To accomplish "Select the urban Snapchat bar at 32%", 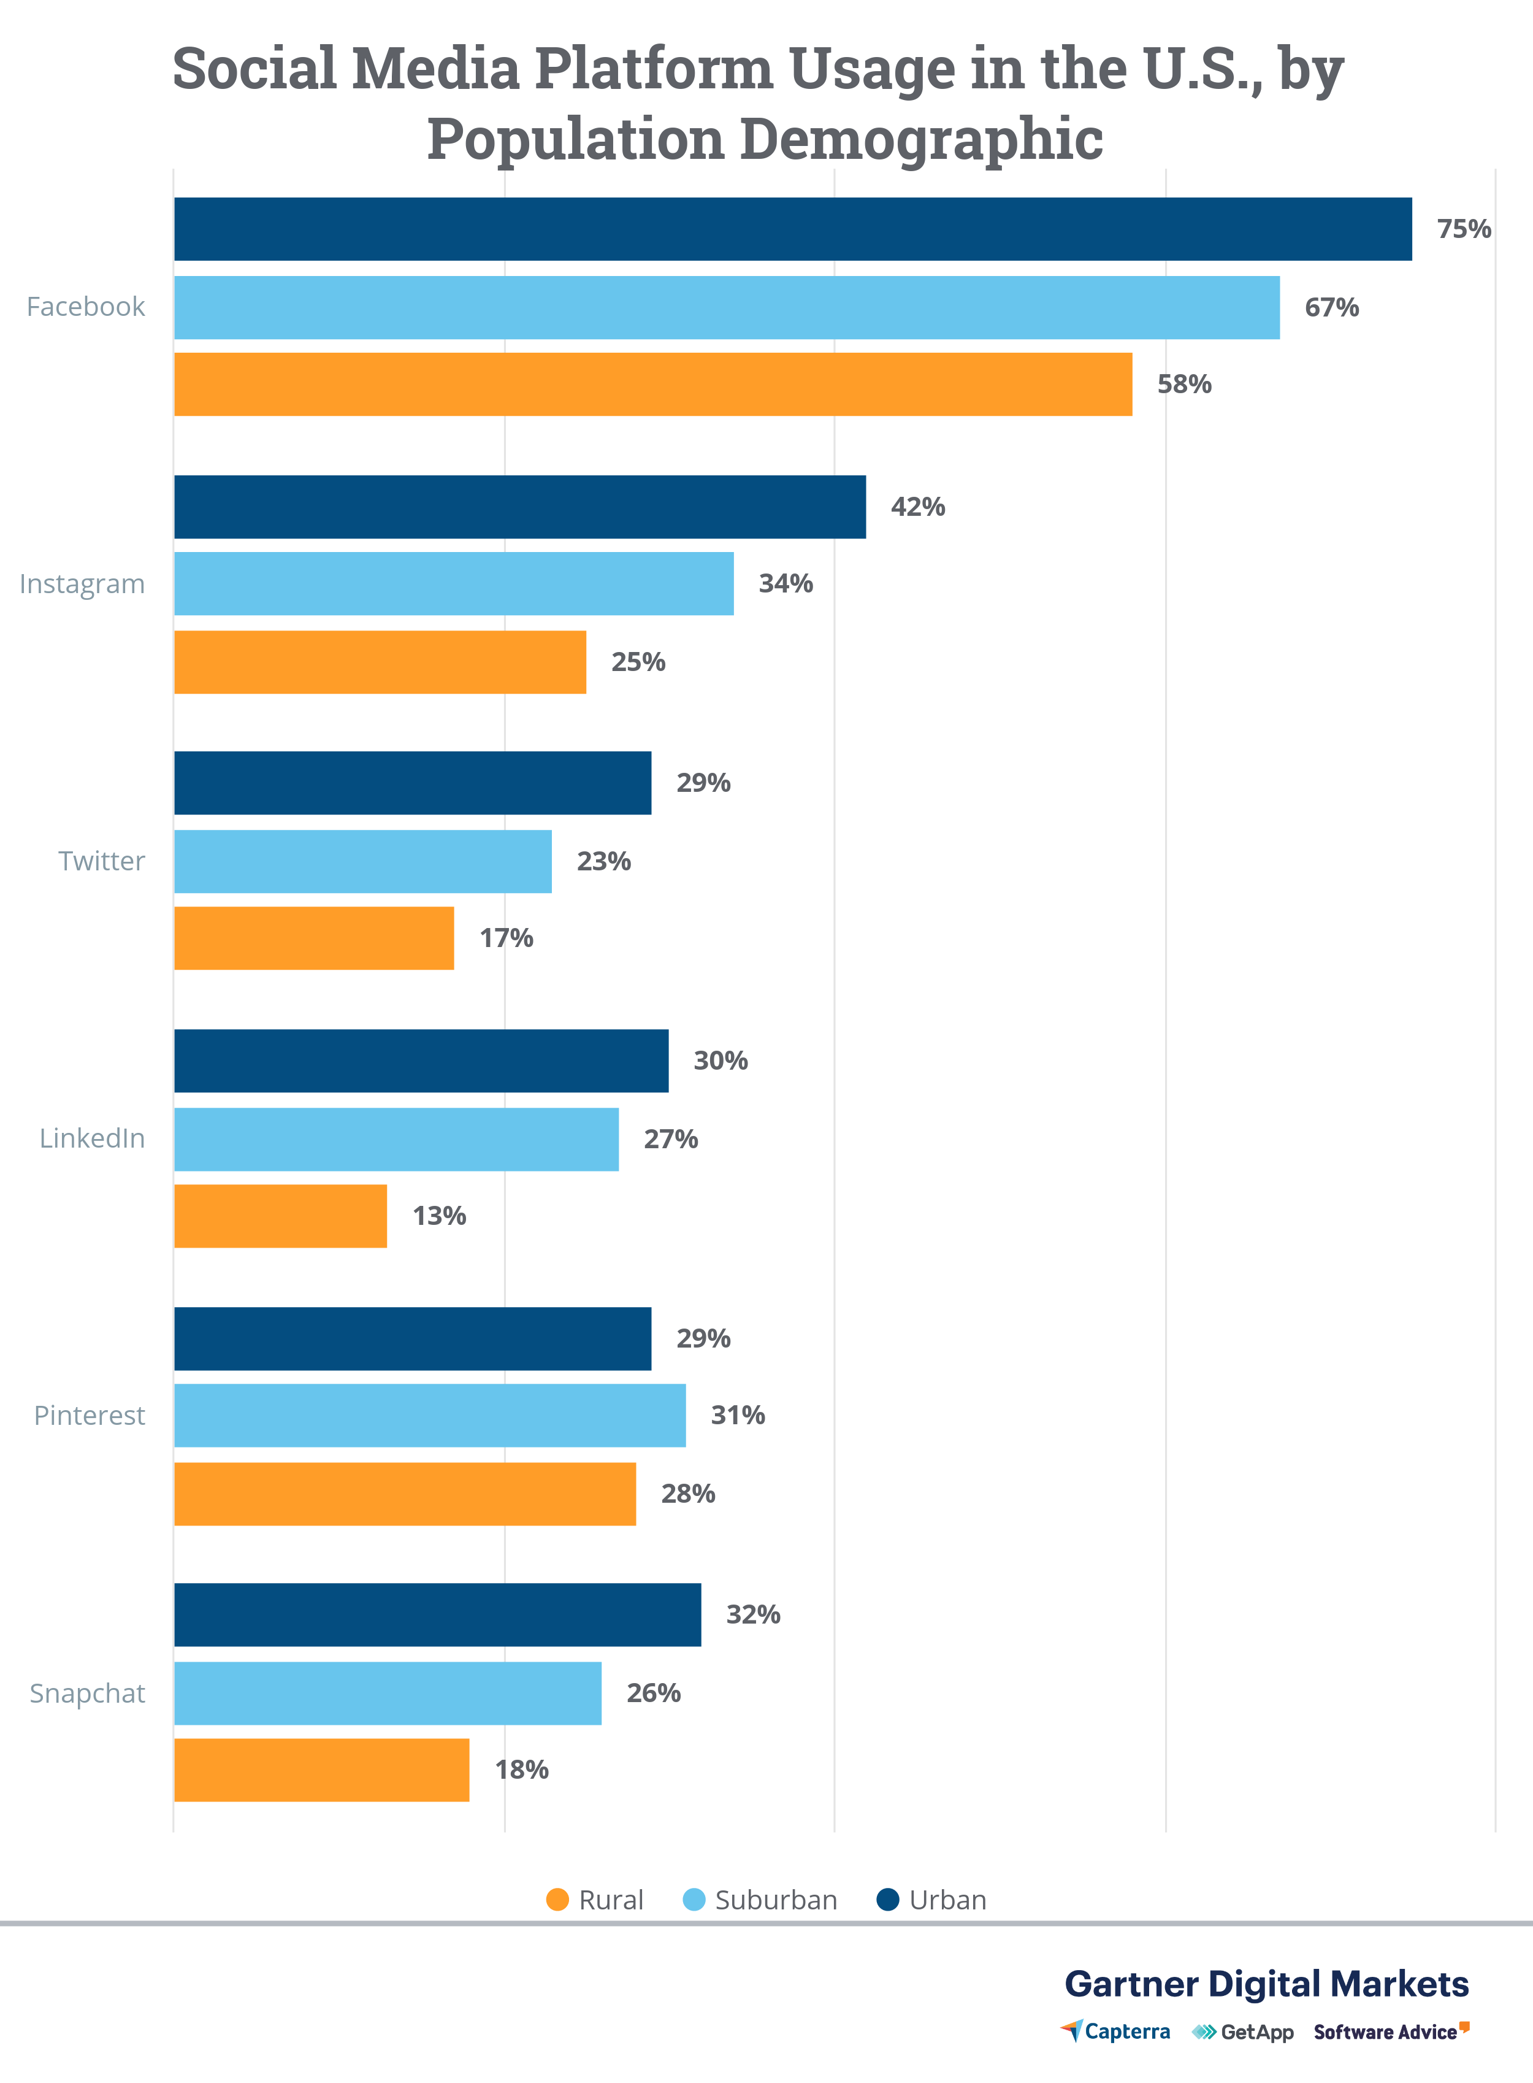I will point(437,1614).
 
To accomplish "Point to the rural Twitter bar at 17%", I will point(314,938).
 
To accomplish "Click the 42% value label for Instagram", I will point(918,507).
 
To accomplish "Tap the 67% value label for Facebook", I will point(1332,307).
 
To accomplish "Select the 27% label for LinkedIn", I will point(671,1139).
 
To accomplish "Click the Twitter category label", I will point(101,861).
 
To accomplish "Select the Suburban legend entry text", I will point(776,1900).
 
